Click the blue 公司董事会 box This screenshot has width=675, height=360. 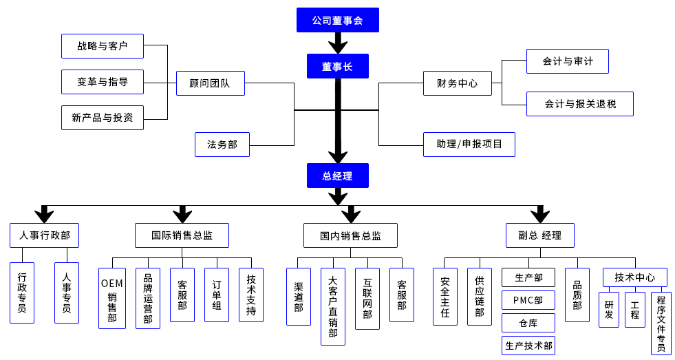point(337,20)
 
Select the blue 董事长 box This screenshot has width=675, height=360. point(337,66)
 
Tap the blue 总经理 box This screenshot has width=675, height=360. point(337,176)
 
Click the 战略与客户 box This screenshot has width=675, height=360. point(102,46)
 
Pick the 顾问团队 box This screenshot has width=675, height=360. point(210,83)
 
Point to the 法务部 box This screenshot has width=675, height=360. point(222,145)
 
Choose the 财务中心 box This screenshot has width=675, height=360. point(457,83)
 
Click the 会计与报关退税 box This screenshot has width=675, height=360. point(579,104)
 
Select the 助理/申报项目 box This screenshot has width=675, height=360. point(469,145)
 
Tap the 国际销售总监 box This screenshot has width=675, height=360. point(182,235)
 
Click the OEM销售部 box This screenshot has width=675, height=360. point(112,298)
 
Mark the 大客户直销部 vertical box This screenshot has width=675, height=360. point(333,306)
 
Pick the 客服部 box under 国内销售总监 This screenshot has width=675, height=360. point(402,295)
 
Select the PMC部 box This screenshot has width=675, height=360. point(528,300)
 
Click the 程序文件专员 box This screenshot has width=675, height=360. point(661,323)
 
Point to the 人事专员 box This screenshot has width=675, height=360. point(67,293)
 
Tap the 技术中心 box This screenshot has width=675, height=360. point(634,277)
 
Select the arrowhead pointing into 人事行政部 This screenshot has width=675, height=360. point(44,214)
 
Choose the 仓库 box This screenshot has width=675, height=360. point(528,322)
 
